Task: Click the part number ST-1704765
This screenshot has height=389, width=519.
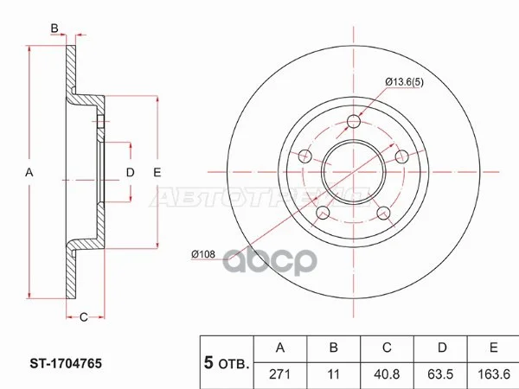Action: click(x=66, y=364)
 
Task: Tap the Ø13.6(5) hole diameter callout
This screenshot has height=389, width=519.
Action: click(x=404, y=82)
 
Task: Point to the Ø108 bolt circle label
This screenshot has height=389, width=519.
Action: click(x=203, y=254)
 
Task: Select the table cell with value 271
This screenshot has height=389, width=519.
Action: click(x=280, y=374)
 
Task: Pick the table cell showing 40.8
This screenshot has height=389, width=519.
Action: click(x=387, y=374)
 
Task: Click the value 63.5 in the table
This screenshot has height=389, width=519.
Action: click(x=440, y=374)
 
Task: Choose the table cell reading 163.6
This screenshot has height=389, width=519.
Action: click(x=494, y=374)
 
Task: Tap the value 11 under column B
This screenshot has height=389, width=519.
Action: click(x=333, y=374)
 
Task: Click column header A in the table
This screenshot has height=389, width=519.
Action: click(x=280, y=348)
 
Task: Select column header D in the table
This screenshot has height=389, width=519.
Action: click(x=442, y=348)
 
